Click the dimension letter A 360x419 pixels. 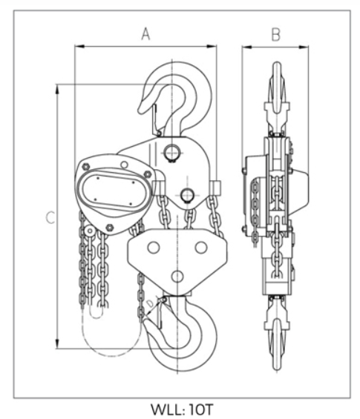coord(145,34)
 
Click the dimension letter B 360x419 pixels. coord(275,35)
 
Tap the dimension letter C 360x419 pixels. coord(50,217)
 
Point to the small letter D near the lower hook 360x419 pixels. coord(151,303)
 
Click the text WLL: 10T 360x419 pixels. coord(182,409)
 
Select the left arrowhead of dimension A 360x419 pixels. coord(79,47)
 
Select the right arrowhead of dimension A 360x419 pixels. coord(212,47)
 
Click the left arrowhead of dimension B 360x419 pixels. coord(247,47)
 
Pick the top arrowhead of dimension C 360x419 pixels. coord(57,89)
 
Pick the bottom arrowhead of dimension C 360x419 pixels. coord(57,343)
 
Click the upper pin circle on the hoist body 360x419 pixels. coord(171,153)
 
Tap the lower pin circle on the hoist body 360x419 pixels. coord(187,195)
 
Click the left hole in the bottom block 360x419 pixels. coord(154,248)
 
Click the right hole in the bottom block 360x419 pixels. coord(201,248)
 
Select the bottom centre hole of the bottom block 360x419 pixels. coord(177,277)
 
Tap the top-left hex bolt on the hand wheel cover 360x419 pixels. coord(86,167)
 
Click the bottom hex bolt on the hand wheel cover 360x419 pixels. coord(109,228)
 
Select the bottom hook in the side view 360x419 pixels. coord(277,333)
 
